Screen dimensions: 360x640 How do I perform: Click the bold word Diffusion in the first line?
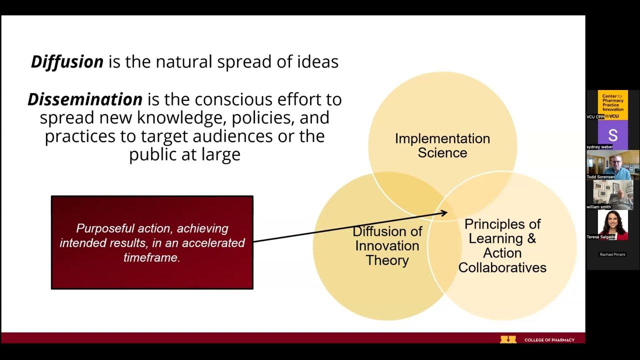[x=67, y=62]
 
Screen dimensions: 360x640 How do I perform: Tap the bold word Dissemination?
[x=85, y=99]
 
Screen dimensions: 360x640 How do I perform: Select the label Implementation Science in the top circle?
[x=442, y=145]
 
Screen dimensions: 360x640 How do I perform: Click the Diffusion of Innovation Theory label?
[x=387, y=245]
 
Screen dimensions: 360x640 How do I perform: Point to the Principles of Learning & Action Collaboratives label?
[x=502, y=245]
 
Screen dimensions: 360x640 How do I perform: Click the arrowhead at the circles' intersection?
[x=444, y=213]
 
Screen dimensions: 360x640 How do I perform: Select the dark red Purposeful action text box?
[x=152, y=242]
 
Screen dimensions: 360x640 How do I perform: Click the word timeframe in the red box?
[x=151, y=257]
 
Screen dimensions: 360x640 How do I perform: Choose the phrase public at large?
[x=184, y=154]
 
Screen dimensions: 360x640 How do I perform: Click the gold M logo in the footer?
[x=508, y=339]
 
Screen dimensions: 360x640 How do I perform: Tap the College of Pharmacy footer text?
[x=549, y=340]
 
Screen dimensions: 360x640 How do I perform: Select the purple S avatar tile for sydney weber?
[x=612, y=135]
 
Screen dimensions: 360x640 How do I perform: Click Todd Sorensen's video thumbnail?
[x=612, y=164]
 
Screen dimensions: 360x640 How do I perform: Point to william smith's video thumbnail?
[x=612, y=194]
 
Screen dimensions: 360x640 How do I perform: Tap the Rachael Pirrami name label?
[x=612, y=254]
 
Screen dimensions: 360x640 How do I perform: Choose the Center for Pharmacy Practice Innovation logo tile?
[x=612, y=103]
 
